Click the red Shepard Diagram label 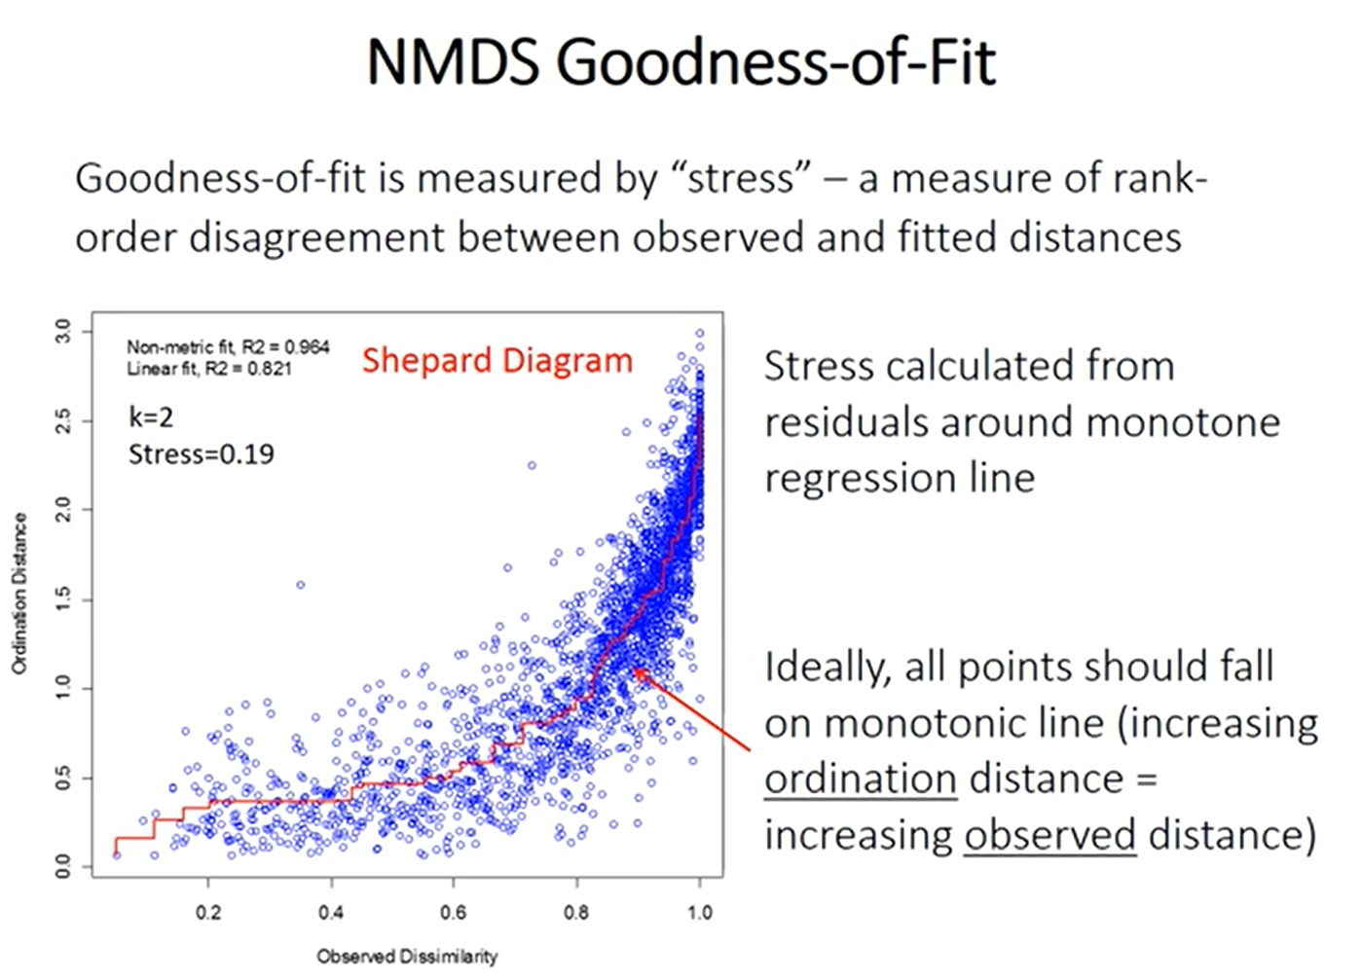tap(497, 361)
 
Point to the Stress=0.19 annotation tap(202, 454)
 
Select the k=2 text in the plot tap(151, 417)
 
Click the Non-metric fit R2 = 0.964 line tap(228, 346)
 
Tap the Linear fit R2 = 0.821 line tap(208, 369)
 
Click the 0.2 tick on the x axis tap(208, 913)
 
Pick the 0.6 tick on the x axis tap(454, 913)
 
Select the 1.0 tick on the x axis tap(699, 913)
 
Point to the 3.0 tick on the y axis tap(62, 331)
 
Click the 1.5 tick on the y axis tap(62, 599)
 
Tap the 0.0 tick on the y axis tap(62, 866)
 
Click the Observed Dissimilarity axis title tap(407, 957)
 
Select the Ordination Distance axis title tap(19, 595)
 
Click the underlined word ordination tap(860, 779)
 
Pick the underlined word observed tap(1049, 836)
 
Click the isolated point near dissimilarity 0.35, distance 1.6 tap(301, 585)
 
